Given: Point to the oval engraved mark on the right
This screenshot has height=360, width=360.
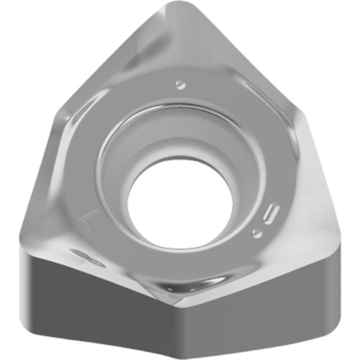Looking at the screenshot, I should coord(271,214).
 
